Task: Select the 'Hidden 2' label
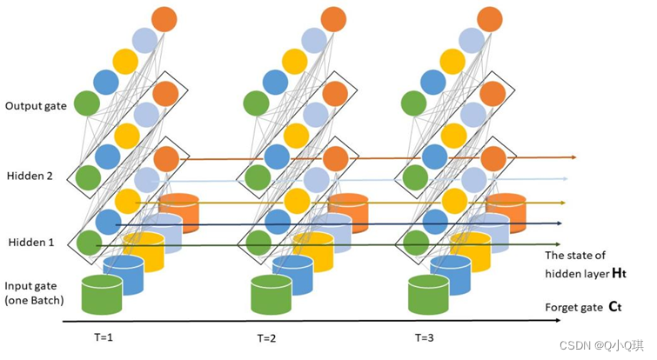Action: [30, 176]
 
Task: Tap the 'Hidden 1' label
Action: [30, 243]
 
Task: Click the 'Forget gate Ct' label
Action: [582, 307]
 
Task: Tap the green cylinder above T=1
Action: [101, 294]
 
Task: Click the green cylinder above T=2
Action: [272, 294]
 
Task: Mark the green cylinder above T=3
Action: [429, 294]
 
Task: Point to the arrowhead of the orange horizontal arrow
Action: [573, 157]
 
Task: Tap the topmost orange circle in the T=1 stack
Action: [164, 18]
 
